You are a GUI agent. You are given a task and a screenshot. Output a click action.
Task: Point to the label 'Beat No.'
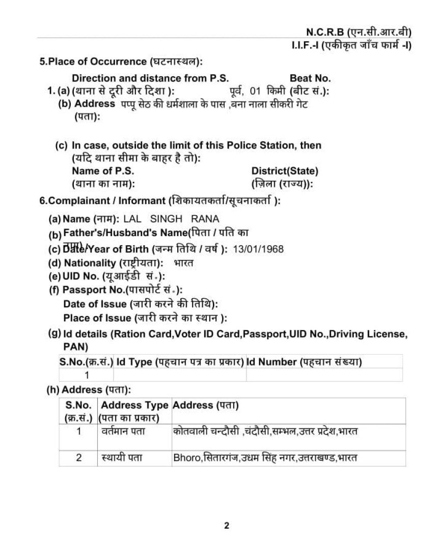310,78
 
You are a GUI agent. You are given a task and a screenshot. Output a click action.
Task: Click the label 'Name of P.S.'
99,171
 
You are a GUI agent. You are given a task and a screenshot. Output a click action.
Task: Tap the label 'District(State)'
285,171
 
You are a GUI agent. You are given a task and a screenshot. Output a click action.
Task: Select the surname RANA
205,219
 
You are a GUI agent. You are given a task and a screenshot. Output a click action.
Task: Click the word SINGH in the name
166,219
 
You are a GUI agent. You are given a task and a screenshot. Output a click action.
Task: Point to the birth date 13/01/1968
258,249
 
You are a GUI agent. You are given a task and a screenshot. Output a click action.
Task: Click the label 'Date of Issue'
95,304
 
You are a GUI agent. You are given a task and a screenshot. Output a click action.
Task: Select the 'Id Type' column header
134,362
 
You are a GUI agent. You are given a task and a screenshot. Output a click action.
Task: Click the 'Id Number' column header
271,362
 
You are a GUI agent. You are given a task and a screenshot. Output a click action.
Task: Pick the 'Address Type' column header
134,405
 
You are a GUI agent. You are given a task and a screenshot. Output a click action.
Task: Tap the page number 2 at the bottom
227,526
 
